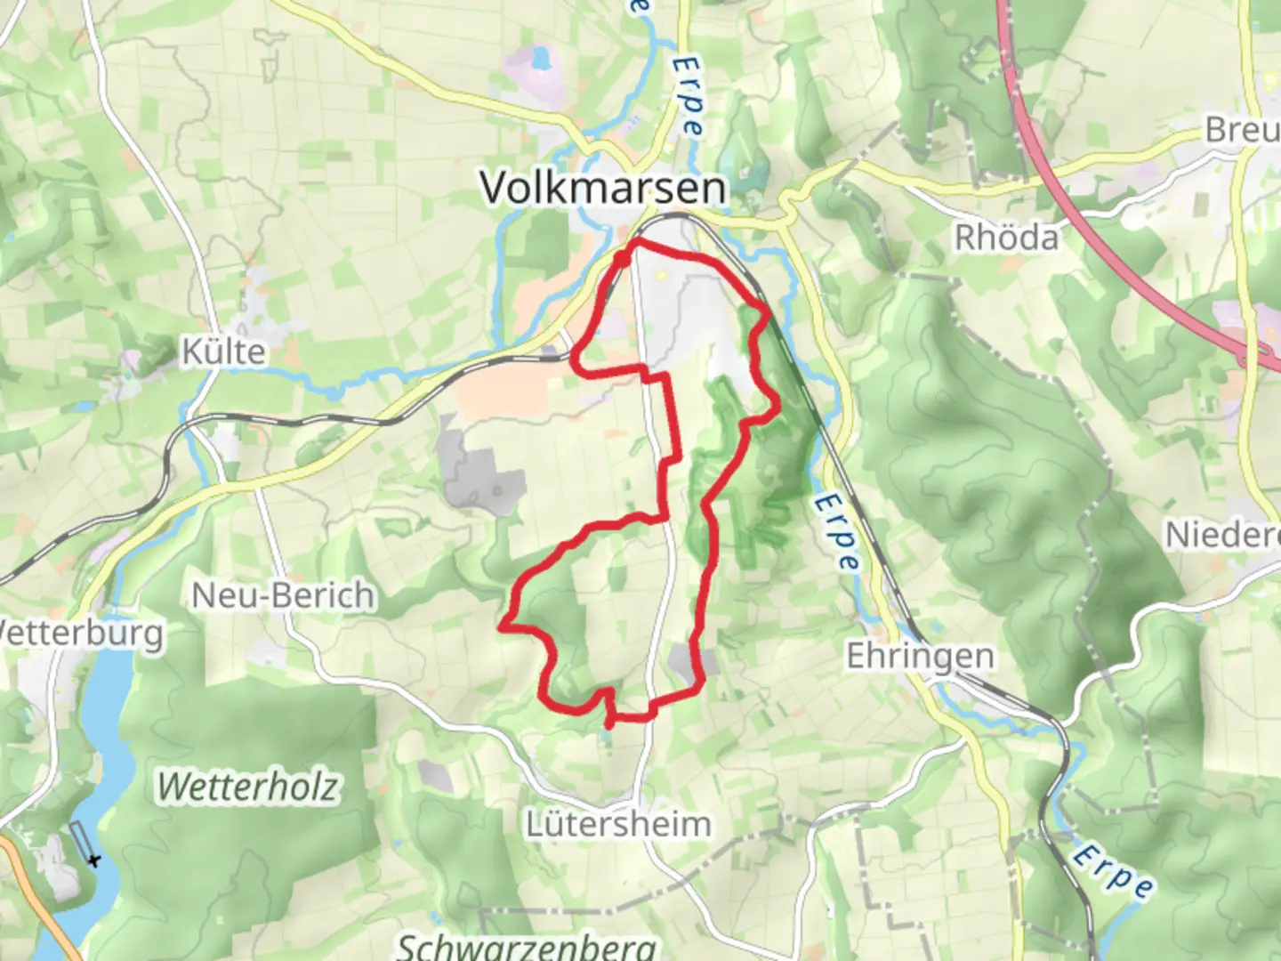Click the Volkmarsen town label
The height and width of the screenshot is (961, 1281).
point(603,188)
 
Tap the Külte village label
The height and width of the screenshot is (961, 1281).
point(223,351)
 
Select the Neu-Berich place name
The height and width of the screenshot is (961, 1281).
point(283,594)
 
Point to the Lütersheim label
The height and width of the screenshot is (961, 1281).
point(618,823)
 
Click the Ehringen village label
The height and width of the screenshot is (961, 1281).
point(920,656)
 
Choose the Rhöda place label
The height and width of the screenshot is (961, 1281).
point(1006,238)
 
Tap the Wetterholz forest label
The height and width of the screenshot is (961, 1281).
point(248,787)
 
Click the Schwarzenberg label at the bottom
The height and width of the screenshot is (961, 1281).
point(527,945)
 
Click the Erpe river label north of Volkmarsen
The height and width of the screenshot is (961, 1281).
point(687,95)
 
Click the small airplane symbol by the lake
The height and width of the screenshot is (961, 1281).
point(93,860)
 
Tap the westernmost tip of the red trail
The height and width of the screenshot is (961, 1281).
point(503,627)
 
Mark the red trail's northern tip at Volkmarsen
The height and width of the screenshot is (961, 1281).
point(635,242)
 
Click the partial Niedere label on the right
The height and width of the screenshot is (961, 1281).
point(1222,535)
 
